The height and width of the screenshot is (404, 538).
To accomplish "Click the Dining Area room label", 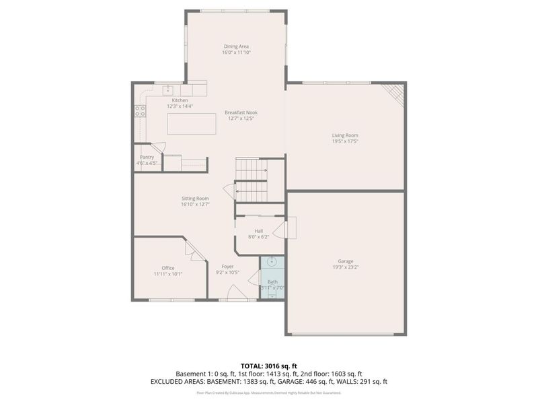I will point(236,46).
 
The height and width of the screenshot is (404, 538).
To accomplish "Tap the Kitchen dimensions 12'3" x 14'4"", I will point(180,106).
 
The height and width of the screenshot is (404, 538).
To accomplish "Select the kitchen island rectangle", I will point(192,124).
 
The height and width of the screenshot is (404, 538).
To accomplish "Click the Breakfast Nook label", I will point(241,112).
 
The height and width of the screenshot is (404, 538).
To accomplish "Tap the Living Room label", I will point(346,135).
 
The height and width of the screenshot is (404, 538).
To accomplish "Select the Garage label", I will point(346,261).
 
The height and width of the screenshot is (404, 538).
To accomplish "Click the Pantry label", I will point(147,157).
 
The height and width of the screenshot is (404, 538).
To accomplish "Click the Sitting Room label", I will point(195,199).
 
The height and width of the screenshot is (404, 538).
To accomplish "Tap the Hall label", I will point(258,231).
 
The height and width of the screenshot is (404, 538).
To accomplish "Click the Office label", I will point(167,268).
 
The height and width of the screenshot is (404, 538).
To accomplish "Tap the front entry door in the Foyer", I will point(237,294).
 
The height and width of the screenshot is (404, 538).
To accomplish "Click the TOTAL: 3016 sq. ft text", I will point(269,366).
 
